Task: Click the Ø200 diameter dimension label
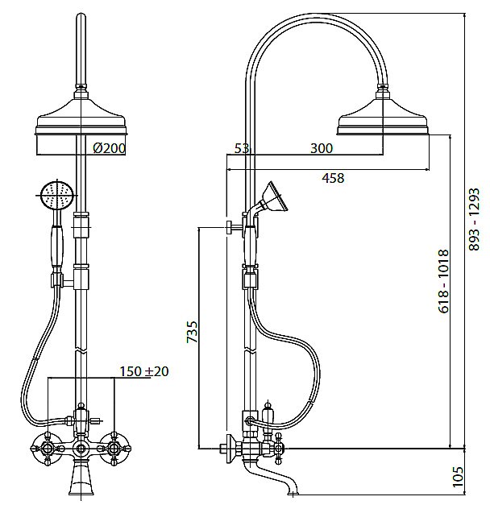click(109, 148)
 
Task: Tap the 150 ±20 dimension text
click(144, 371)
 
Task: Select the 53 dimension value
click(242, 148)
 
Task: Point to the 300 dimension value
click(322, 148)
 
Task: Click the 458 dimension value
click(333, 178)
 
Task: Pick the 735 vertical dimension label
click(193, 332)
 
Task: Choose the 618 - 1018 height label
click(444, 281)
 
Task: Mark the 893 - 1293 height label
click(474, 219)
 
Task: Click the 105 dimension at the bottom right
click(458, 477)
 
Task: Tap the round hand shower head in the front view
click(57, 195)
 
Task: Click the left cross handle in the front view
click(48, 449)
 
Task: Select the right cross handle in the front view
click(114, 449)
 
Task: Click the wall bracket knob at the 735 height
click(230, 228)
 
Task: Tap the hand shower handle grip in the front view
click(57, 246)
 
